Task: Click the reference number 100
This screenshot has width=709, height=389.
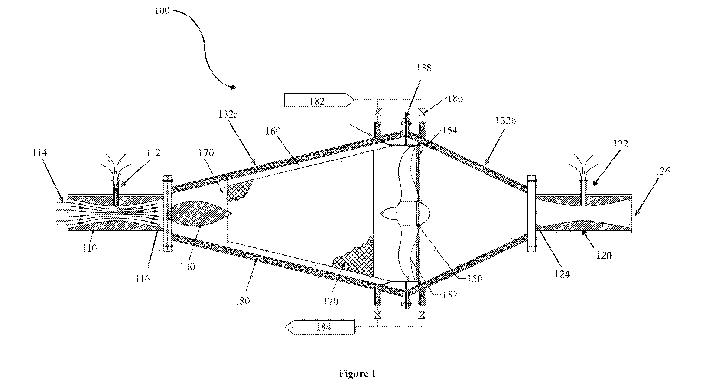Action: coord(162,11)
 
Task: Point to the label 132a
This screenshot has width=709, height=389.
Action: coord(228,114)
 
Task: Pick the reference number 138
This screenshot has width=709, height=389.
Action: coord(424,68)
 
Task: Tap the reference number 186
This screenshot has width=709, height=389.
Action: coord(455,98)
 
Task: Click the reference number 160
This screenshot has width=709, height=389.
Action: coord(273,131)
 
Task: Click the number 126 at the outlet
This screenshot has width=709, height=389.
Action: coord(662,171)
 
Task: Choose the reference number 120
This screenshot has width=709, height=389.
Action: coord(604,255)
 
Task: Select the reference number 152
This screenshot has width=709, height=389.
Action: coord(449,295)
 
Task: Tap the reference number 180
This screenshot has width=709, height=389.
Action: coord(242,301)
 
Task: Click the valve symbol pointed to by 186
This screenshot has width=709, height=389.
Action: coord(421,113)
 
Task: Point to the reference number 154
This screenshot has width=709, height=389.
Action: coord(450,130)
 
